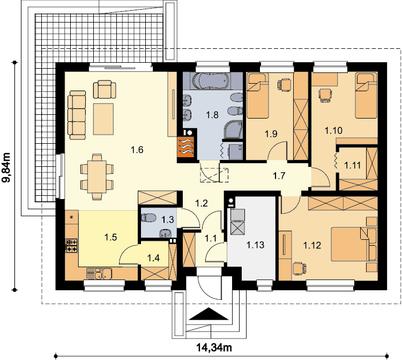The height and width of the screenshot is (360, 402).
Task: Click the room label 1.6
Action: tap(137, 150)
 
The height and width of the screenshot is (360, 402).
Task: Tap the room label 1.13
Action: tap(255, 245)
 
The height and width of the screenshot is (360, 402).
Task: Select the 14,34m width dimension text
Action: tap(214, 348)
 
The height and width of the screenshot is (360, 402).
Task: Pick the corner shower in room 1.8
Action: tap(233, 130)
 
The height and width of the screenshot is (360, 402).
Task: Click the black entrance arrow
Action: tap(209, 314)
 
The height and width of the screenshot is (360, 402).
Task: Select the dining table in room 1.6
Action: tap(97, 177)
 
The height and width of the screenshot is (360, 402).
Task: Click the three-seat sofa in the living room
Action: tap(77, 115)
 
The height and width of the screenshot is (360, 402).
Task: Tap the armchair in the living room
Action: tap(105, 89)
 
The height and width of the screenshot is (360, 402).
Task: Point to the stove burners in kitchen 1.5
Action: tap(72, 246)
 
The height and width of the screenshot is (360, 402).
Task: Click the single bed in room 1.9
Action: tap(257, 95)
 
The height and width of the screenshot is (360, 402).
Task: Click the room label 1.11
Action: tap(353, 165)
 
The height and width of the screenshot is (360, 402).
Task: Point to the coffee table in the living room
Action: tap(103, 119)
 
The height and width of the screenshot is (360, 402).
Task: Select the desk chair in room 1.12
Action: tap(299, 269)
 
